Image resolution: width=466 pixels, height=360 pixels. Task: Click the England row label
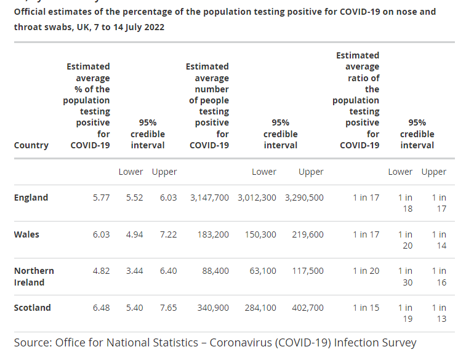click(x=31, y=198)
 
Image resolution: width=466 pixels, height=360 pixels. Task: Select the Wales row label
click(x=26, y=234)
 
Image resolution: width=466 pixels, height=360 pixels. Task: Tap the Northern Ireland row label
click(x=34, y=276)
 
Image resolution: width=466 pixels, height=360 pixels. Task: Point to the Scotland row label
click(x=32, y=308)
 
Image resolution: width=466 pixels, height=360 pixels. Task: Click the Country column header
click(x=31, y=145)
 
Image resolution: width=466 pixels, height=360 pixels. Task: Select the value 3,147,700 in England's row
click(x=209, y=198)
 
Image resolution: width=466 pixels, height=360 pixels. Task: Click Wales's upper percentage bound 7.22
click(x=168, y=234)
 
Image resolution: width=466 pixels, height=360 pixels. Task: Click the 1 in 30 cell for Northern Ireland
click(x=405, y=276)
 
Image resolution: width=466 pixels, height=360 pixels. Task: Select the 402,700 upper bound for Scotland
click(x=308, y=308)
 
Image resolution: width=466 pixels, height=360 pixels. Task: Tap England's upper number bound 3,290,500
click(x=304, y=198)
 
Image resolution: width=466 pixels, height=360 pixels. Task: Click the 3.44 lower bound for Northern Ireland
click(x=134, y=271)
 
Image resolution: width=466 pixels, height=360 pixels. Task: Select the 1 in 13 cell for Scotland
click(x=439, y=313)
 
